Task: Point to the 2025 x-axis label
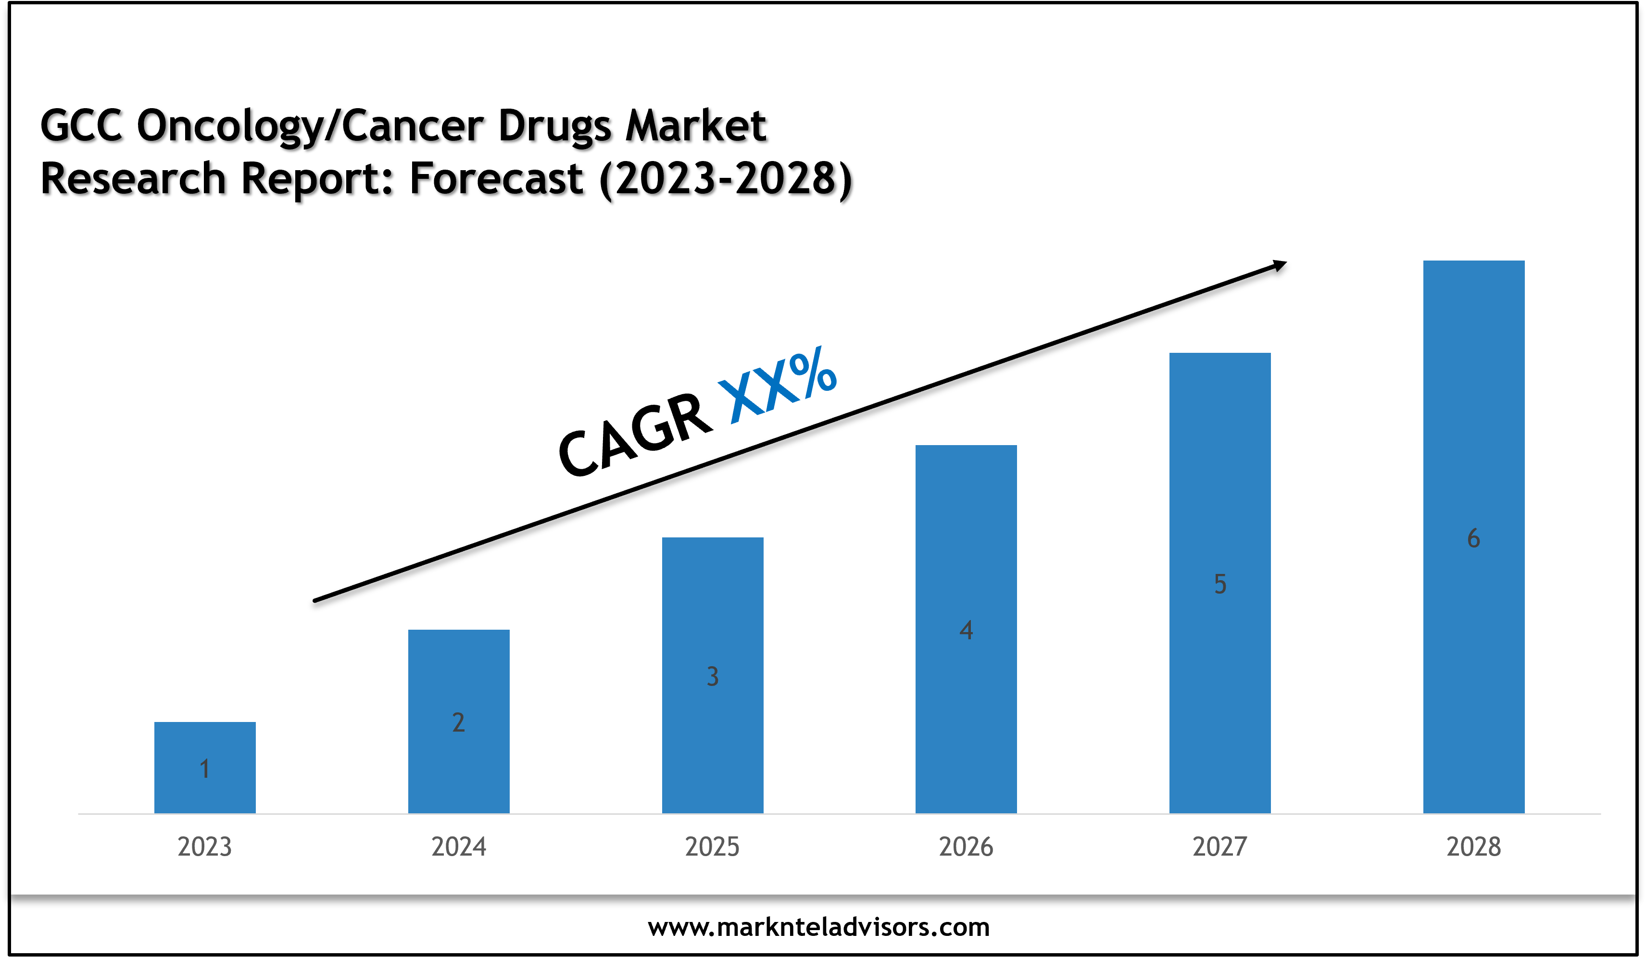pos(712,847)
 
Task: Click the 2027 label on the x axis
pos(1219,847)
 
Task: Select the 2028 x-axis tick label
pos(1473,847)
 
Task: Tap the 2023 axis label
pos(204,847)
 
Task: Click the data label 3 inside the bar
pos(713,676)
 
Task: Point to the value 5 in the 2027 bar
pos(1220,585)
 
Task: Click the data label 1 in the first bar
pos(204,769)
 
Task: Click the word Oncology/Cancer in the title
pos(310,125)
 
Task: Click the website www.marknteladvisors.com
pos(818,927)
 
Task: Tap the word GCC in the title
pos(82,125)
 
